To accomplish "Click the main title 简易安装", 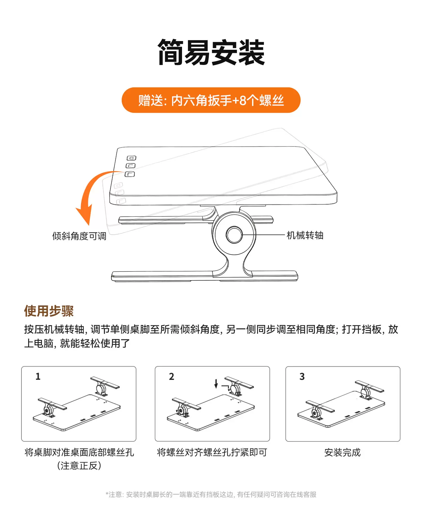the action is tap(211, 53).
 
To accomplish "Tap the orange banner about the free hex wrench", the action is tap(211, 100).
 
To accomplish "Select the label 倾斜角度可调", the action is tap(79, 236).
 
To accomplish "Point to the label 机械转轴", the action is tap(305, 235).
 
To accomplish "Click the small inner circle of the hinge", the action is tap(234, 235).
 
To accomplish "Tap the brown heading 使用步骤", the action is tap(49, 311).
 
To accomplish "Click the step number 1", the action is tap(38, 376).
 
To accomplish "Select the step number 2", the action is tap(172, 376).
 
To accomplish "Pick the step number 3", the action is tap(302, 376).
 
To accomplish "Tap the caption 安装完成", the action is tap(342, 453).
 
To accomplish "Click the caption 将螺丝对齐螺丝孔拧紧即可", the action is tap(212, 453).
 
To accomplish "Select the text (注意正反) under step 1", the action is tap(79, 466).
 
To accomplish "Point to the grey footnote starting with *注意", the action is tap(211, 495).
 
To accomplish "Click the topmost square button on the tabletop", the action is tap(131, 158).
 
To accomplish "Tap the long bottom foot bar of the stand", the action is tap(205, 276).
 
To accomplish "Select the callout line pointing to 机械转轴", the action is tap(264, 235).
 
